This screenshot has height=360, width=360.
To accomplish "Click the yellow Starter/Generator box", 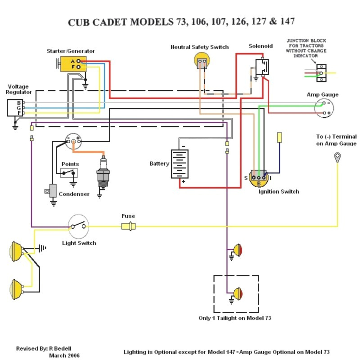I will click(72, 64).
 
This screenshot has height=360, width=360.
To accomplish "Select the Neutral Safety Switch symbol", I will click(202, 60).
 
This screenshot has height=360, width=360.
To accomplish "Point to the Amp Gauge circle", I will click(324, 108).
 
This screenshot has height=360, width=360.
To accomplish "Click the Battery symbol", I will click(180, 164).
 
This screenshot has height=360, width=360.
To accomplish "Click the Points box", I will click(69, 173).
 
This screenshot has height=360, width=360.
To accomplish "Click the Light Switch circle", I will click(78, 225).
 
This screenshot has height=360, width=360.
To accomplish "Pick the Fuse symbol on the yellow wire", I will click(128, 225).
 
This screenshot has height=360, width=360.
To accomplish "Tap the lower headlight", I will click(17, 287).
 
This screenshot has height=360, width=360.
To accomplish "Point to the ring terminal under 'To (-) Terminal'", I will click(337, 157).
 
